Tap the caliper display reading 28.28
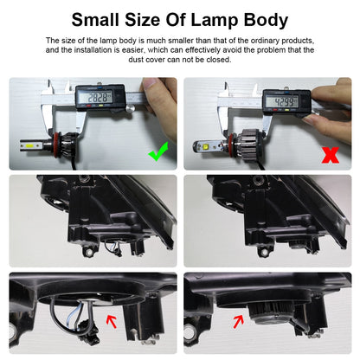96,98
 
